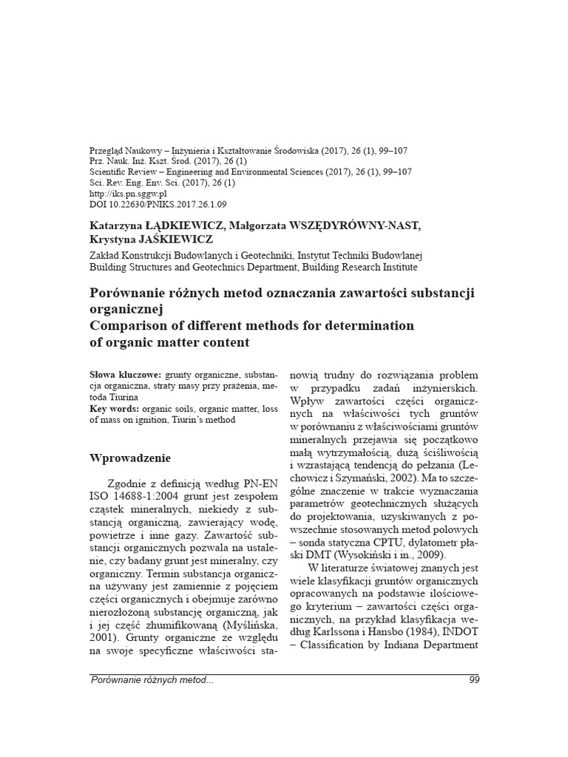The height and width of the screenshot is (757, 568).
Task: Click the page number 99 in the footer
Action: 474,680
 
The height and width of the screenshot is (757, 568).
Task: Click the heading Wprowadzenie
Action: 130,458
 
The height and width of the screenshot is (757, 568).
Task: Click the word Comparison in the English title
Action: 130,325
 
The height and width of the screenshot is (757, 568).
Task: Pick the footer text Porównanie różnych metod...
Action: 152,680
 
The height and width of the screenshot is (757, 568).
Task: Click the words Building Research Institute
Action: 359,267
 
